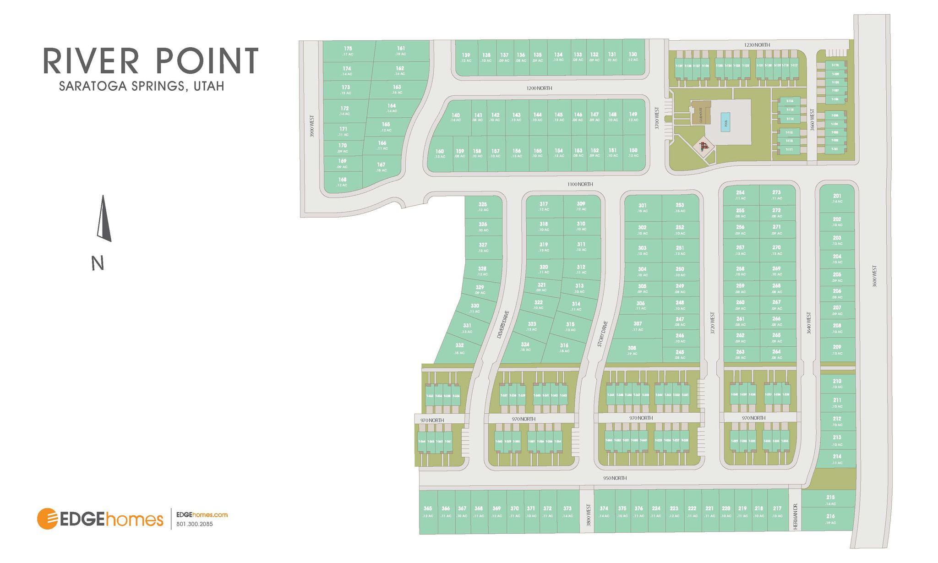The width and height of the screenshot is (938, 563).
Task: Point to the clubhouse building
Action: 701,113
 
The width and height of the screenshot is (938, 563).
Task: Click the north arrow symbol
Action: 104,219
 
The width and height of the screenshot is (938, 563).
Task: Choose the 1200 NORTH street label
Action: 540,88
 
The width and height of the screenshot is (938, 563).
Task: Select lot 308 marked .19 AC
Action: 632,350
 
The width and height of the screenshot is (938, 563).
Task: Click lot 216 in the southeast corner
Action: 830,519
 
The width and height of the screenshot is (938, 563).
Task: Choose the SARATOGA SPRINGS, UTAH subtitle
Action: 142,86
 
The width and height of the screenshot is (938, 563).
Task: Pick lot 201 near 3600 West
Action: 837,198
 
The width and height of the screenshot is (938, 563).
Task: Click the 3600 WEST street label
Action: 874,276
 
